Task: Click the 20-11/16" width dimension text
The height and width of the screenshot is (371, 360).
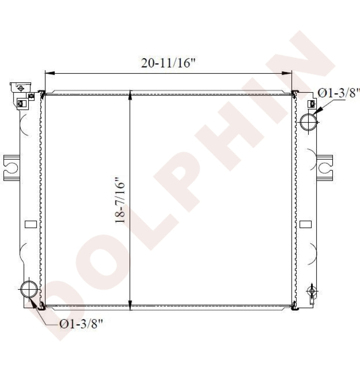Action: coord(168,63)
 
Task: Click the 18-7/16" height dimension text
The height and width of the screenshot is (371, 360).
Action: coord(120,200)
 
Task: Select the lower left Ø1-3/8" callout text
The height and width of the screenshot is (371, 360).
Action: coord(81,324)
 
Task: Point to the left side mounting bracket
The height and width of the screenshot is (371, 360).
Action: coord(11,168)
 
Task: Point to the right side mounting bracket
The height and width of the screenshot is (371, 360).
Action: coord(325,168)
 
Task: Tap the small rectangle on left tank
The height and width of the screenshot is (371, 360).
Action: coord(31,224)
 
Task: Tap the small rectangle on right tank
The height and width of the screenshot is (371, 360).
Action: coord(305,224)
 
